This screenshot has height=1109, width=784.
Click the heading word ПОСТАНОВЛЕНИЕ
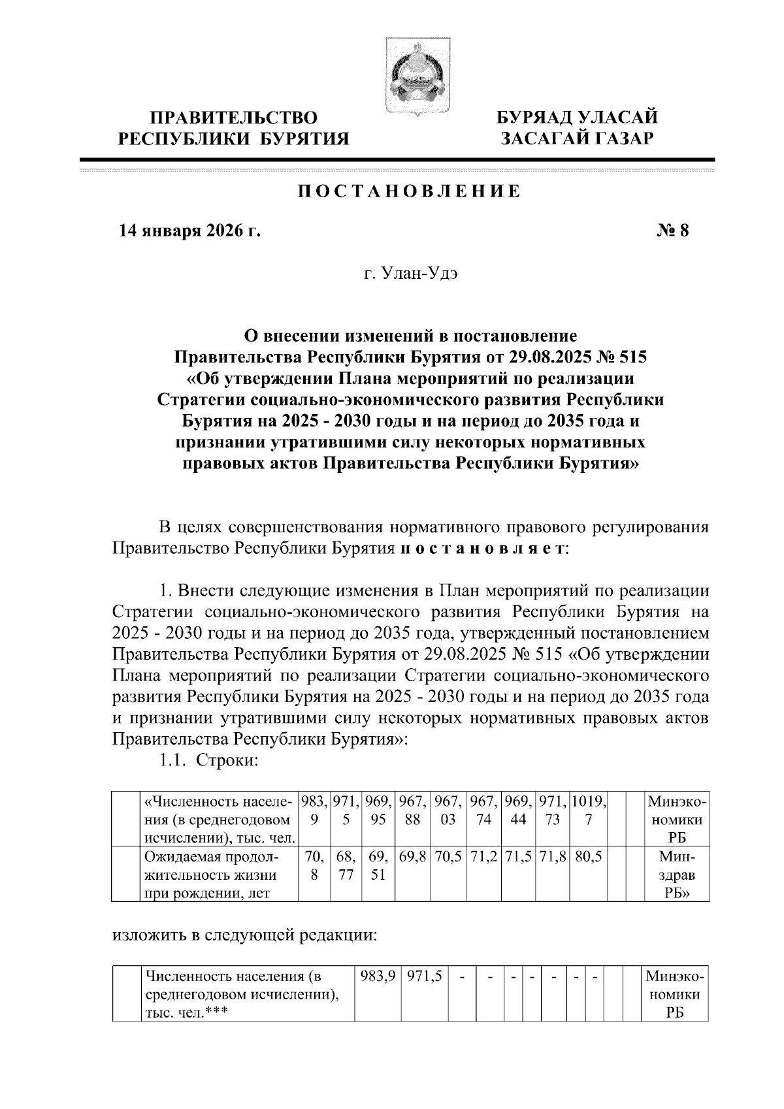click(x=410, y=191)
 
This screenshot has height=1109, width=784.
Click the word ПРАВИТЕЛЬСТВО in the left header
click(x=234, y=118)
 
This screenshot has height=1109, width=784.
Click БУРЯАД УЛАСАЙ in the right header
click(x=576, y=118)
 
